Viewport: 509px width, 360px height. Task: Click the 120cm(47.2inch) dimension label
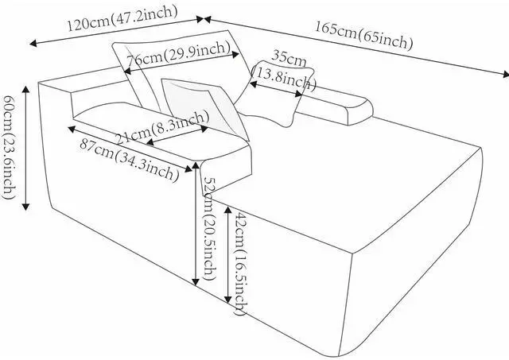122,18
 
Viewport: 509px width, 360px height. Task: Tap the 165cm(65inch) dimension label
364,35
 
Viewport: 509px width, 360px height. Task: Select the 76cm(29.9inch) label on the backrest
178,54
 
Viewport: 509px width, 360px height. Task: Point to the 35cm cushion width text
289,57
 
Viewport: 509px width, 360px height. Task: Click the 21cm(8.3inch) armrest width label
162,127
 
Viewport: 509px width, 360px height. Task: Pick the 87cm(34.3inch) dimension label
129,160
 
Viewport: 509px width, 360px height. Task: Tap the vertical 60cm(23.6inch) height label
9,147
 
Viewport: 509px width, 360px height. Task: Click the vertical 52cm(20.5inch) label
208,230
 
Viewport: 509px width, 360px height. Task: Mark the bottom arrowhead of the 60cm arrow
25,207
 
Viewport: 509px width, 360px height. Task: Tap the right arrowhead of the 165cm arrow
505,74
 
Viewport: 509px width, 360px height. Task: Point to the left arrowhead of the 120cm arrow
33,43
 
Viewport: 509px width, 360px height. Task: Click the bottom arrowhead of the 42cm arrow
228,300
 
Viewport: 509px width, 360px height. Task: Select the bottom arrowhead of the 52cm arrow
196,282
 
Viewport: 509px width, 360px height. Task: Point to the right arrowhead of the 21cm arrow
204,129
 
